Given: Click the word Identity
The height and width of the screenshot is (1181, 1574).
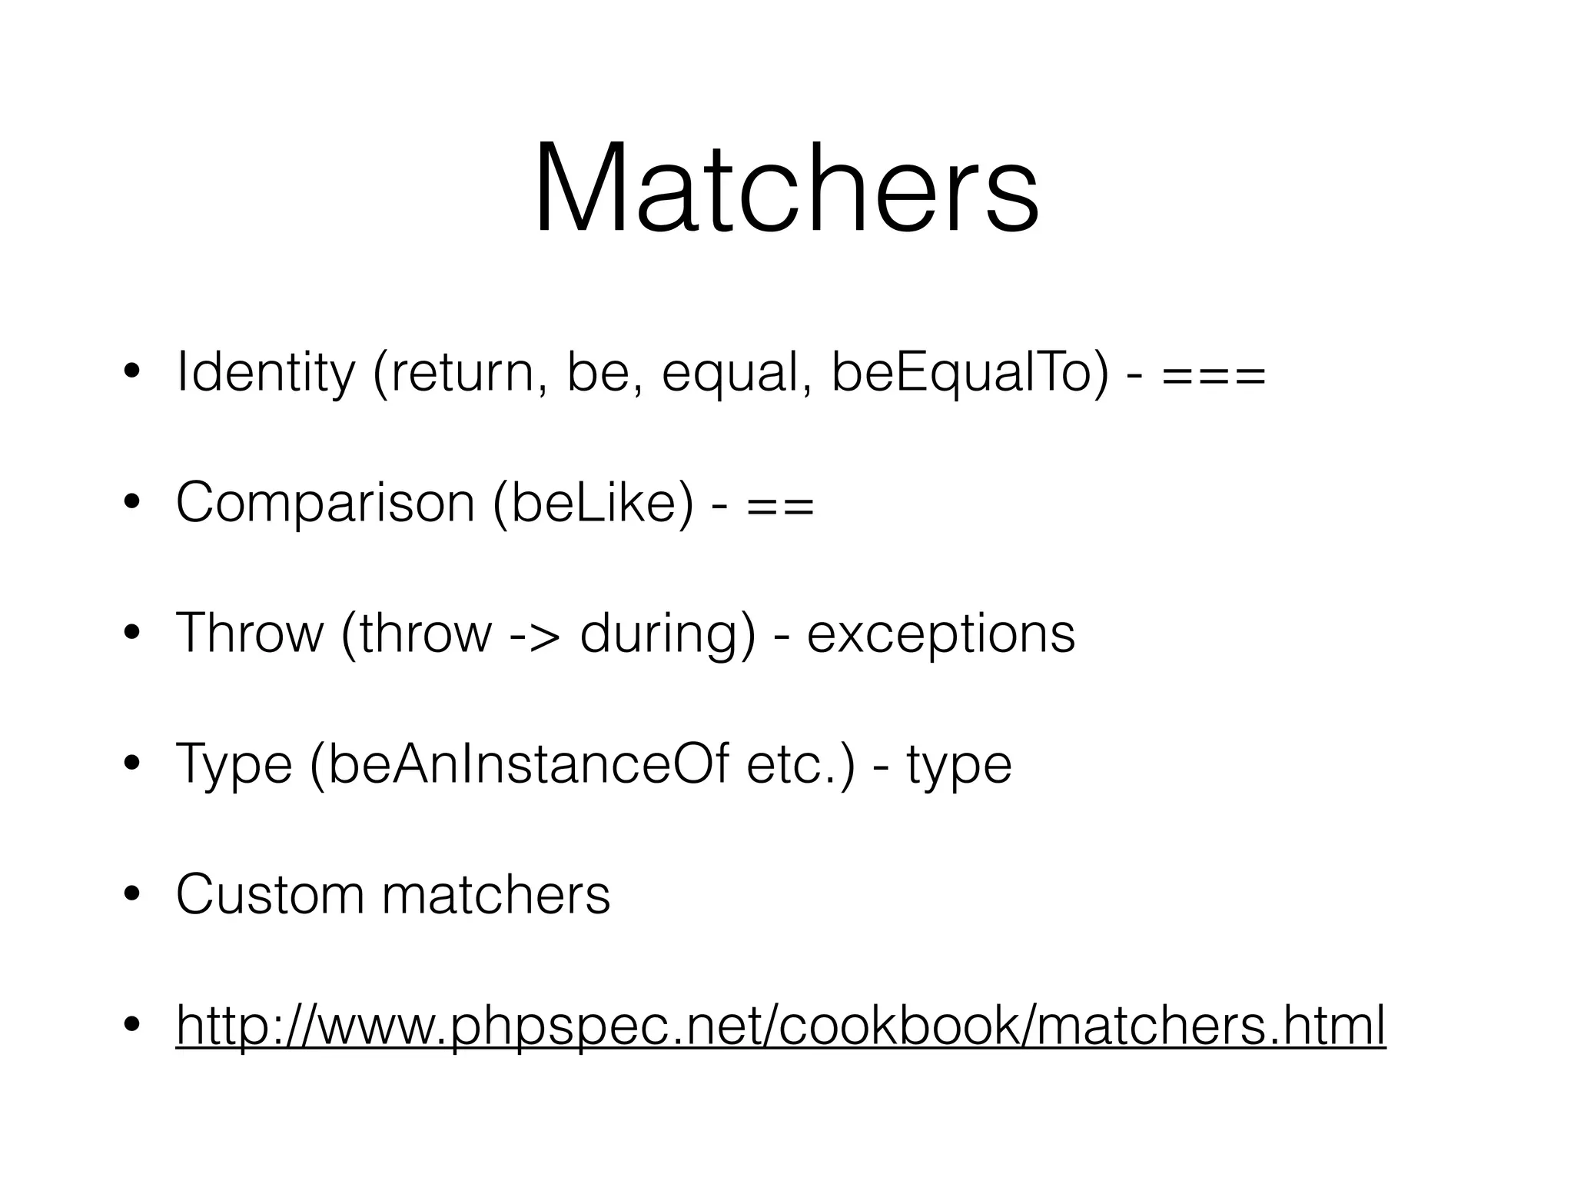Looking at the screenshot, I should point(265,372).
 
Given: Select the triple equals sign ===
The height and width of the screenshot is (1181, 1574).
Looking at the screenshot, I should point(1214,377).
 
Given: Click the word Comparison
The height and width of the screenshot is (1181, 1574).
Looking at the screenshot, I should point(325,504).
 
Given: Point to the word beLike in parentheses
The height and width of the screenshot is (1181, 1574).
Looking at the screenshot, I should point(593,504).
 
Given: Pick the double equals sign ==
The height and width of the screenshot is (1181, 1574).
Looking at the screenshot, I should point(779,508).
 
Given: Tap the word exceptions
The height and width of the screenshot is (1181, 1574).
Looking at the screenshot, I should point(941,635).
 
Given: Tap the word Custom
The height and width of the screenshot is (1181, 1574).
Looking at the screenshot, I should point(270,894).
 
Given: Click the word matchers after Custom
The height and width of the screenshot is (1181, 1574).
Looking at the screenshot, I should point(496,894).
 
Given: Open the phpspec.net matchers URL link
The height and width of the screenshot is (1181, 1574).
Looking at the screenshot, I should point(780,1025).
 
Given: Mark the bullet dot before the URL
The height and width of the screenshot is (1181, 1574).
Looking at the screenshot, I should point(132,1025).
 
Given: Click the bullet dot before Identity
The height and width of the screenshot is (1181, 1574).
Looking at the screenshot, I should point(132,373).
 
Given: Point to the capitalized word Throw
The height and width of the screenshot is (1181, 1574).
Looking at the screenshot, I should point(249,635).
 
